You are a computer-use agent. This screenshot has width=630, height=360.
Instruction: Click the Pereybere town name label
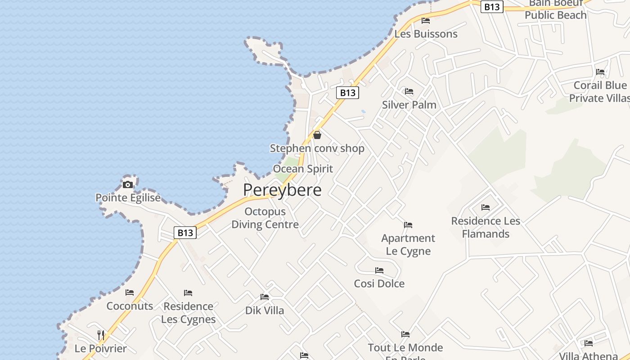(282, 190)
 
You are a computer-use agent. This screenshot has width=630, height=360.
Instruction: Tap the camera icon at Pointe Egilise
(128, 184)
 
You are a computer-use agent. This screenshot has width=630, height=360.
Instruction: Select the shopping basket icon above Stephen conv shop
(317, 135)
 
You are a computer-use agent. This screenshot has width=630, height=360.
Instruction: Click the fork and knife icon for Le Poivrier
(101, 335)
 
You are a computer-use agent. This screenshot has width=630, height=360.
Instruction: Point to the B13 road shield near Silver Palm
(347, 93)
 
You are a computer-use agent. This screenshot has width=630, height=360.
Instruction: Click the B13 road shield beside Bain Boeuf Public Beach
(491, 7)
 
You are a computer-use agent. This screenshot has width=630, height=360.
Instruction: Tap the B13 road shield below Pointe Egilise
(185, 233)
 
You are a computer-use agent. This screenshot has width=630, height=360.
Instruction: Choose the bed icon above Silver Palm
(409, 91)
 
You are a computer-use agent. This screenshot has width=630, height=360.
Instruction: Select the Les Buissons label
(426, 34)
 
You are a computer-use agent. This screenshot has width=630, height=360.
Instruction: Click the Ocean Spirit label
(303, 169)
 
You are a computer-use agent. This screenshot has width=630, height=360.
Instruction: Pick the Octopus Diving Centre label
(265, 218)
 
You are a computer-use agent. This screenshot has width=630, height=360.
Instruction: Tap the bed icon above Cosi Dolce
(379, 270)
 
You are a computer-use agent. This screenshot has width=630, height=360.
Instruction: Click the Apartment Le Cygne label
(408, 244)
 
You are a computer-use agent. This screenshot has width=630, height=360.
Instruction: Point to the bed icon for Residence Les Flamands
(485, 207)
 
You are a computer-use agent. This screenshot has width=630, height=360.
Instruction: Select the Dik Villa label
(265, 310)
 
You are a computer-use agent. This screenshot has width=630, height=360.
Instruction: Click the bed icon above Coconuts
(130, 292)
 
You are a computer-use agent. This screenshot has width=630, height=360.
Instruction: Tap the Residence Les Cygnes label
(188, 313)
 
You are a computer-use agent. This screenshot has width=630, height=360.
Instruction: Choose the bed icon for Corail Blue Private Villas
(600, 72)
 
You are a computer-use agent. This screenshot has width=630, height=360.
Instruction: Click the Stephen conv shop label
(317, 148)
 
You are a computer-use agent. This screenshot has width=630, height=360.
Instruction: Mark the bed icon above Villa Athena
(589, 343)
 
